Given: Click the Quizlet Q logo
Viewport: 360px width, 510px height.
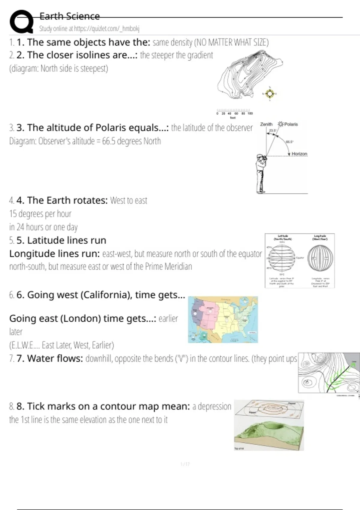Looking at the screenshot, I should [x=21, y=22].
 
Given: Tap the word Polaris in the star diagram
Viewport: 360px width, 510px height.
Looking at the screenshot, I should [x=291, y=124].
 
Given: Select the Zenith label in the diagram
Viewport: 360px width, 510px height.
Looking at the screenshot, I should [x=266, y=124].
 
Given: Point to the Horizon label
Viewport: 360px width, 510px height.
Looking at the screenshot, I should [x=299, y=154].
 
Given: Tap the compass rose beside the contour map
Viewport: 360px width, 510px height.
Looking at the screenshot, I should [x=270, y=94].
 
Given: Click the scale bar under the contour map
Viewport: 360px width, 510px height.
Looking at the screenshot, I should [x=234, y=111].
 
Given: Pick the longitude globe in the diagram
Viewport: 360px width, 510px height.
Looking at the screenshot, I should [x=320, y=258].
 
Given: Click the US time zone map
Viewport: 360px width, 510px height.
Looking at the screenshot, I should [x=223, y=320].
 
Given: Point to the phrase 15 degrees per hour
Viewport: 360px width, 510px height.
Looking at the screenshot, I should [x=40, y=214].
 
